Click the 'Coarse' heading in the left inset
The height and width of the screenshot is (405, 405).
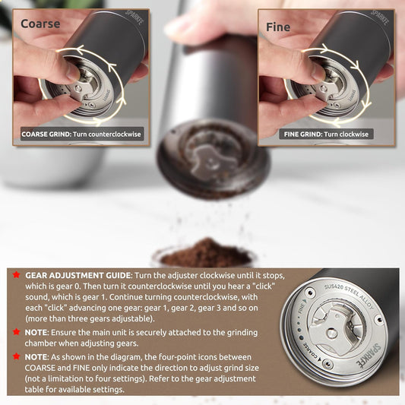point(40,24)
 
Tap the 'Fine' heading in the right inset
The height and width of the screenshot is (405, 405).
point(278,27)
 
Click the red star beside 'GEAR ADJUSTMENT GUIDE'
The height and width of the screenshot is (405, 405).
point(16,274)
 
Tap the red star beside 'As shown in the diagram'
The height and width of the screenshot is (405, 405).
point(16,356)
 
